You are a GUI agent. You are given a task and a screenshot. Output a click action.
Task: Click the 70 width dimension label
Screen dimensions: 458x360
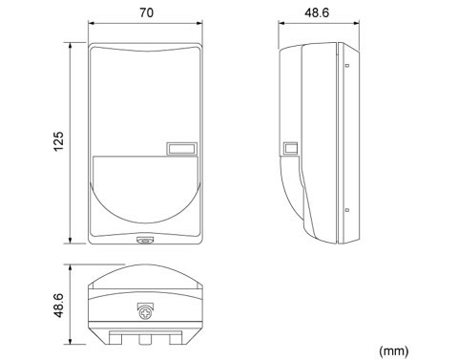[146, 12]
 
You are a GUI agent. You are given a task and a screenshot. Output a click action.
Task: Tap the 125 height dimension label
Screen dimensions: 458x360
[59, 141]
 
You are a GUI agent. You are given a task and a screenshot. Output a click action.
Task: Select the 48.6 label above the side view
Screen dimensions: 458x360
[317, 12]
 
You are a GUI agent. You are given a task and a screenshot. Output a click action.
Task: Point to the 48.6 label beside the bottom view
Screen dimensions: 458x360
[59, 306]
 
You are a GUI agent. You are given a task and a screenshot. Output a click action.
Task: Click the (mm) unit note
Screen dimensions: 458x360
[394, 350]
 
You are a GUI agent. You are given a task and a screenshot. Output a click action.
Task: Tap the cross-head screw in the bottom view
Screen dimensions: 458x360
[145, 313]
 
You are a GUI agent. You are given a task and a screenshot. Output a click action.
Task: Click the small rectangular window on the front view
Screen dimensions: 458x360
[181, 149]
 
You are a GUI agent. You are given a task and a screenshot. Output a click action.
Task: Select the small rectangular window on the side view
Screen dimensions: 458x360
[291, 148]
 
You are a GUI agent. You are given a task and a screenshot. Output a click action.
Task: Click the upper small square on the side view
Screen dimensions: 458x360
[347, 65]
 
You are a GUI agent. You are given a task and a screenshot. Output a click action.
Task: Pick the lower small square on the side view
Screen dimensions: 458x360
[347, 210]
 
